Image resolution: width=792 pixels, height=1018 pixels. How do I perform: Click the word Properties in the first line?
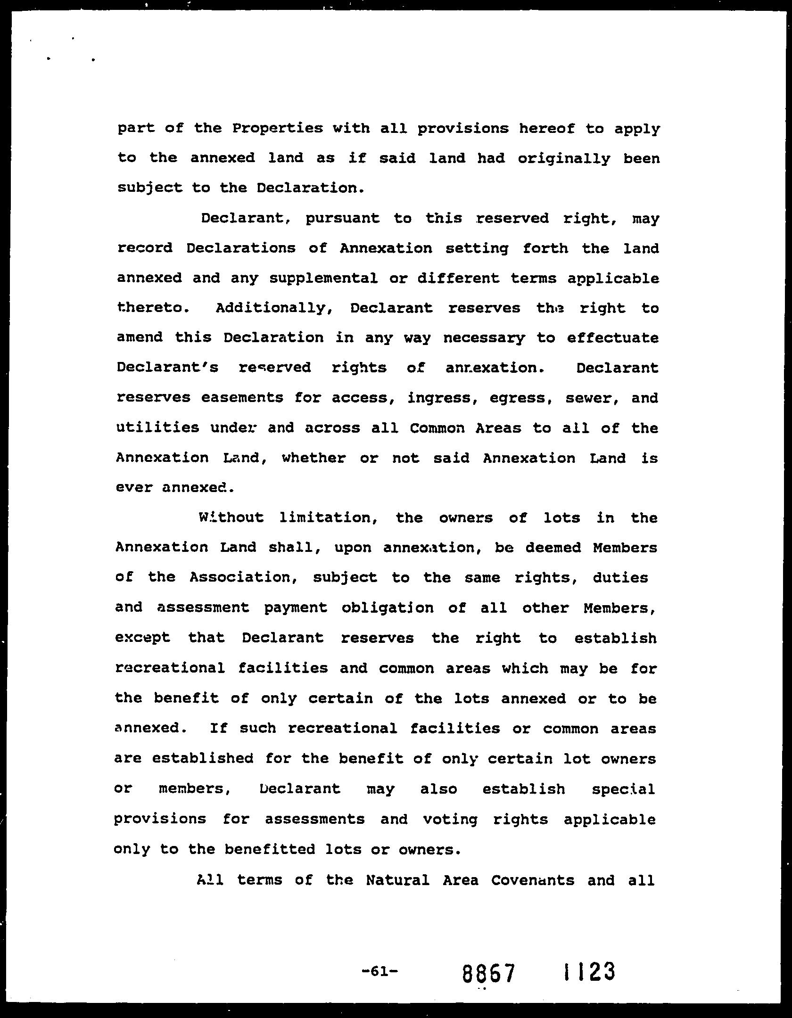coord(278,129)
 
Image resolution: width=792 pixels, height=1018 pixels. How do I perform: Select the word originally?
coord(563,159)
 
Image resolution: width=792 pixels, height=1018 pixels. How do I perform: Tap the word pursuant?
coord(342,219)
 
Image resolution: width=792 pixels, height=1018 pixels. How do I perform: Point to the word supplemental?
coord(323,279)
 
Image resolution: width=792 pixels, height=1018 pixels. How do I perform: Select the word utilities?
coord(157,428)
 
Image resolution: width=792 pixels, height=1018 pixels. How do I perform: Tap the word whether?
coord(313,458)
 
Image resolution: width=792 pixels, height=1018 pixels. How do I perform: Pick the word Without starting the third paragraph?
coord(231,517)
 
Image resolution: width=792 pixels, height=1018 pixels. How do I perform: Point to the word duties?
coord(620,578)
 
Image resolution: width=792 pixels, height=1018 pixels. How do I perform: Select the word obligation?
coord(388,608)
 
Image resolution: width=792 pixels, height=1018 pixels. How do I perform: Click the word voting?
coord(450,820)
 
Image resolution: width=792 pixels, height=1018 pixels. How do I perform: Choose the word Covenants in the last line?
coord(533,880)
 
